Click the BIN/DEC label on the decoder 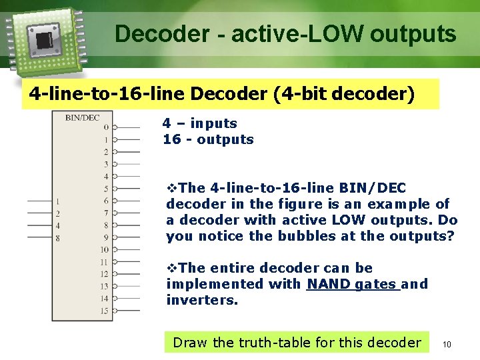tap(82, 119)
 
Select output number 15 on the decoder tap(105, 311)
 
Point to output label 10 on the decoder tap(105, 249)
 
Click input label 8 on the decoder tap(58, 237)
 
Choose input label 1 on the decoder tap(58, 201)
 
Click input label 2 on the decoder tap(58, 213)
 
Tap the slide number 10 tap(447, 344)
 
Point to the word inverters tap(201, 300)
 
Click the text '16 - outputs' tap(208, 139)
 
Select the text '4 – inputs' tap(200, 123)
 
